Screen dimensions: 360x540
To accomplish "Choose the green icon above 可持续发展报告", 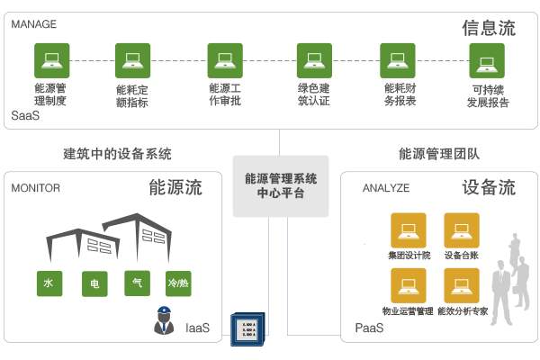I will tap(487, 61).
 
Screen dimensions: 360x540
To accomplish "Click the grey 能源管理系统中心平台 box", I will tap(280, 185).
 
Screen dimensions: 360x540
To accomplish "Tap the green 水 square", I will tap(49, 283).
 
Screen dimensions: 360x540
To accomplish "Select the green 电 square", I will tap(94, 283).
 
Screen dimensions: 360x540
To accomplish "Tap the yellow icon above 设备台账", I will tap(460, 229).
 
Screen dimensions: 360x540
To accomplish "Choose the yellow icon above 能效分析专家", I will tap(460, 286).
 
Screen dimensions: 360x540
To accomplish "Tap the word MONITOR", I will tap(36, 188).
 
